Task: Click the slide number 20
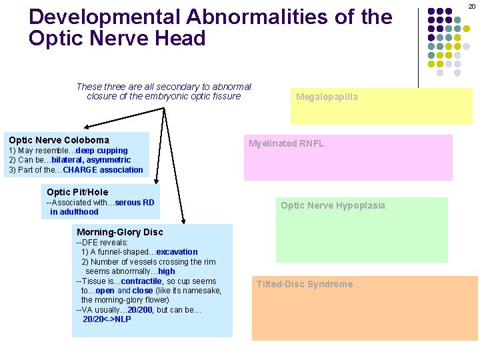472,6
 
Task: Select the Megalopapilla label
327,97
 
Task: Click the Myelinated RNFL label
286,143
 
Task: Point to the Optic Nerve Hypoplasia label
333,205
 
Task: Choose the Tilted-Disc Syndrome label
305,284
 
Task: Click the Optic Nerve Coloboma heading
59,140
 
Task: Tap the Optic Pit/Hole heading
77,192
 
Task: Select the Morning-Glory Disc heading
120,232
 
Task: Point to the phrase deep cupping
102,151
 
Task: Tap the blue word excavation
177,252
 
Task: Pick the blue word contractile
142,281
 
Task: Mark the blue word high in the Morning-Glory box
167,271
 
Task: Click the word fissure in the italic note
225,97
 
